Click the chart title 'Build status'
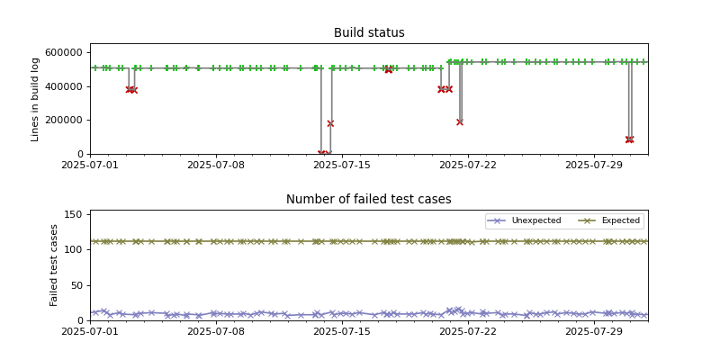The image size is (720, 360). (369, 33)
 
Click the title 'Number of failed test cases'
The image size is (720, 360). (369, 200)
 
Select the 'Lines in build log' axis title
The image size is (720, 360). (36, 99)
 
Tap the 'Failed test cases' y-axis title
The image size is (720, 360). (54, 265)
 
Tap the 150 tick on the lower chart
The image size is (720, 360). (75, 214)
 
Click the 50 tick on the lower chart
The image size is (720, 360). (77, 285)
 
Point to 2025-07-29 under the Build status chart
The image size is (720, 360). (596, 165)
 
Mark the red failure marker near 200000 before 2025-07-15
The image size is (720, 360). (330, 123)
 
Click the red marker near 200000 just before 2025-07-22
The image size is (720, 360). (460, 121)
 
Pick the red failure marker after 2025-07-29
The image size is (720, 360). (629, 139)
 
